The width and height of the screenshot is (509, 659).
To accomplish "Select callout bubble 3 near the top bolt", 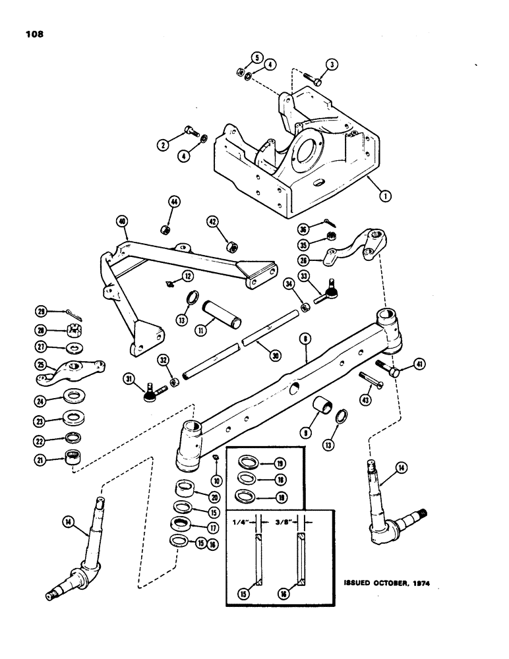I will click(x=332, y=64).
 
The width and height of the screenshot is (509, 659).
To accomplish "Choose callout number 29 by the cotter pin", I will click(x=42, y=311).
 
